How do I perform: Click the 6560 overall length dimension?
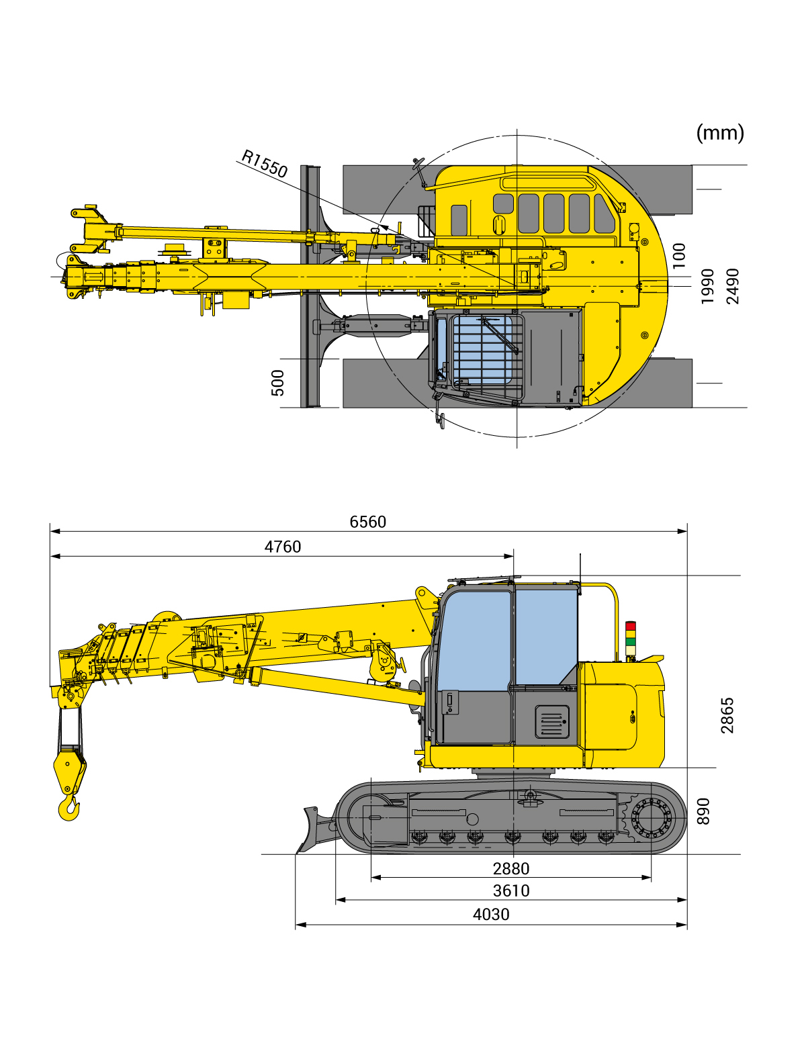(368, 522)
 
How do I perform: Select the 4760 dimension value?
(283, 547)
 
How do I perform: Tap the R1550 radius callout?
(264, 163)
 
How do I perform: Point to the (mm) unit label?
(720, 132)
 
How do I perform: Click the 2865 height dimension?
(727, 715)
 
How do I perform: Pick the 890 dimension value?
(703, 811)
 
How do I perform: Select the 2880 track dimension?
(511, 868)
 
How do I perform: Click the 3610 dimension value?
(511, 890)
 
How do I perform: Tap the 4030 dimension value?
(491, 914)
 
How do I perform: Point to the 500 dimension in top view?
(278, 382)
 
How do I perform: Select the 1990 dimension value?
(707, 286)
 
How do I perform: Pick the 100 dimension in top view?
(679, 255)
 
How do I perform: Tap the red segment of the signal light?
(630, 626)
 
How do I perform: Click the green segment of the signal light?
(630, 641)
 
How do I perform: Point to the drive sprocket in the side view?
(650, 818)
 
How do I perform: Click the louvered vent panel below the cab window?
(551, 721)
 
